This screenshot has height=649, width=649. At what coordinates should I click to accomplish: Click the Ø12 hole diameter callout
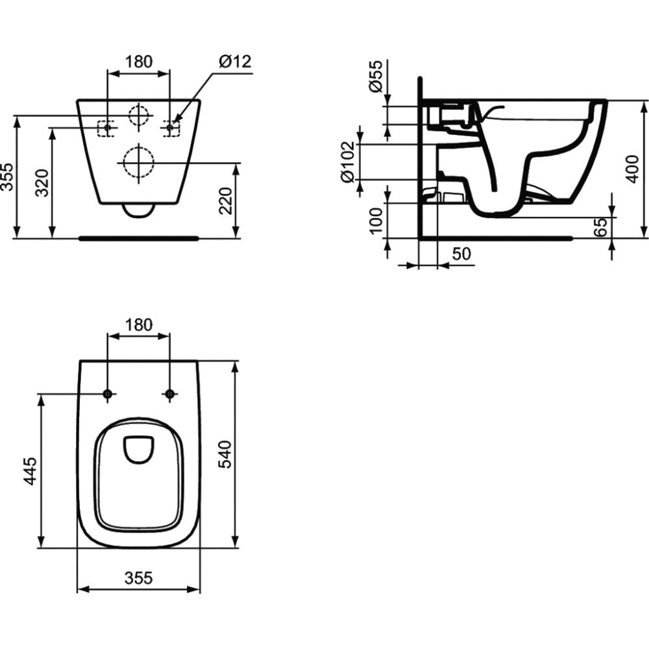point(235,62)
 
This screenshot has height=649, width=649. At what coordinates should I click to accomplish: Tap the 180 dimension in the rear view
point(139,62)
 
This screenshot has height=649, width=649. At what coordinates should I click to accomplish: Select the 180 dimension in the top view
point(139,325)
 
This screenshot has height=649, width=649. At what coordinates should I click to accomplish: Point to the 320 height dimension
point(42,182)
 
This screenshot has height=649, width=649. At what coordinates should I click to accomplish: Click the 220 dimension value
point(226,201)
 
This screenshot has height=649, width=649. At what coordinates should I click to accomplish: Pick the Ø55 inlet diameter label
point(376,77)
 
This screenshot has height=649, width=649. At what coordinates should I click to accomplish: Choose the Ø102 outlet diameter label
point(347,162)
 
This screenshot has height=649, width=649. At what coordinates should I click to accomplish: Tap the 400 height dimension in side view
point(632,169)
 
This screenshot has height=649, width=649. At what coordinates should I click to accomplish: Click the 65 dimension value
point(600,227)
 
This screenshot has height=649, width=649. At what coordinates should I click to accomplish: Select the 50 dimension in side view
point(461,254)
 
